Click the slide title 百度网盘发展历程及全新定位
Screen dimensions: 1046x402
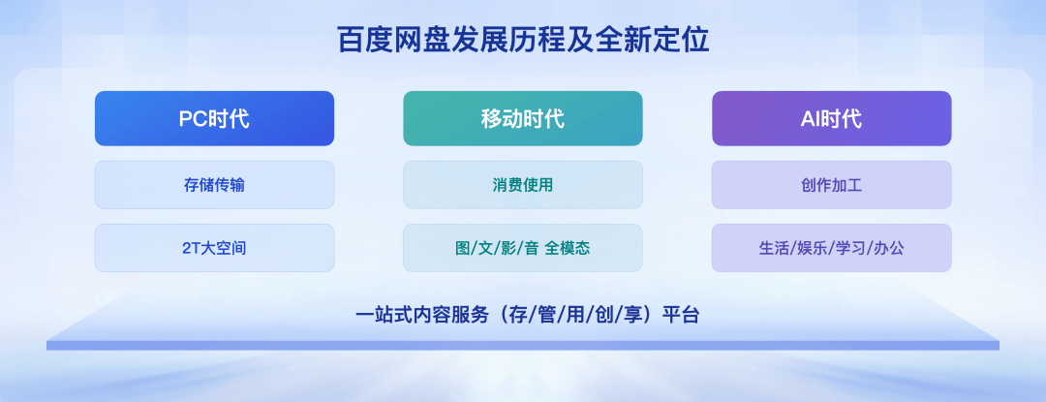point(523,41)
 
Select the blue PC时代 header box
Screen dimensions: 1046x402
point(214,119)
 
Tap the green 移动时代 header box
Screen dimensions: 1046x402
point(523,119)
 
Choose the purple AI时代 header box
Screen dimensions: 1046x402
point(832,119)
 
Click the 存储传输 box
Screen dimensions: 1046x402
point(214,185)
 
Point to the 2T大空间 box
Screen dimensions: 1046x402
point(214,248)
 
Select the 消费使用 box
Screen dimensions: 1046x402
point(523,185)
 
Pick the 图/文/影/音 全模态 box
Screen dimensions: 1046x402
point(523,248)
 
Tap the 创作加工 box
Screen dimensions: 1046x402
point(832,185)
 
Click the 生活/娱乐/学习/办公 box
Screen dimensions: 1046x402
point(832,248)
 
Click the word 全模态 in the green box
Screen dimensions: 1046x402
point(567,249)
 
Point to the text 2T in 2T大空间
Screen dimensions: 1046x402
point(191,249)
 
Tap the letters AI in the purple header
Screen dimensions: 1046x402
point(810,119)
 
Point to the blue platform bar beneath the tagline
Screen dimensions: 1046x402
point(523,346)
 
